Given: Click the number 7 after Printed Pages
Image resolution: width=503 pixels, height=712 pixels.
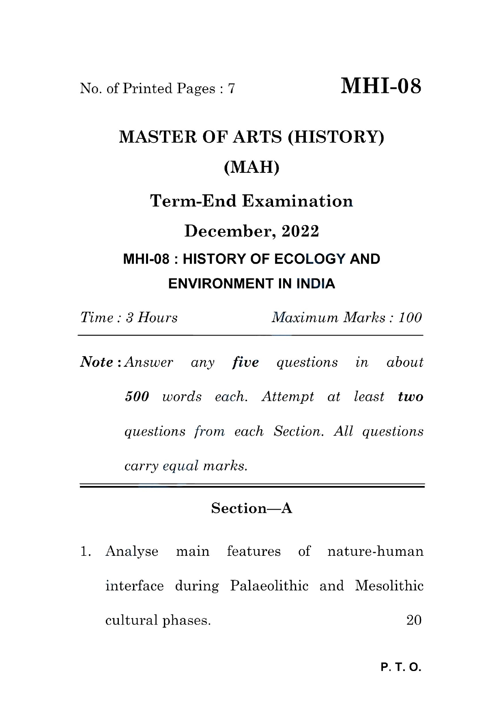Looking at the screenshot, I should (231, 88).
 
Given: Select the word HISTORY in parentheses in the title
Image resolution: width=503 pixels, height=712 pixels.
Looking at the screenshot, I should (335, 137).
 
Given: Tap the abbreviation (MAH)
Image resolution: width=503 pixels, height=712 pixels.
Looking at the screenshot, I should (251, 167).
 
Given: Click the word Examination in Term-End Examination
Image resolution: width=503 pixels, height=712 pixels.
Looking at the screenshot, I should (297, 201).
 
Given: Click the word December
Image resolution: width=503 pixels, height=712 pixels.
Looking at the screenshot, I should (228, 231).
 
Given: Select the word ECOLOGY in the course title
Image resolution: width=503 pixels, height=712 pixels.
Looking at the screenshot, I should (310, 259).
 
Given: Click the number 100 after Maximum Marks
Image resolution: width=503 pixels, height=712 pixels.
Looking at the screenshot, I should (410, 317).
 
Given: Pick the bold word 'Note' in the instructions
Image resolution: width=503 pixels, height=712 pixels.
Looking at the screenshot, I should (97, 362).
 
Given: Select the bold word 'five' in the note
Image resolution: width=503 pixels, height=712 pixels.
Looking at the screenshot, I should (245, 362).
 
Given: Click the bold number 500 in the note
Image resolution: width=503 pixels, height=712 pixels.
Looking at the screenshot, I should (137, 396).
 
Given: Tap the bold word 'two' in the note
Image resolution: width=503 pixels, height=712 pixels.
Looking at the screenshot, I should (411, 396).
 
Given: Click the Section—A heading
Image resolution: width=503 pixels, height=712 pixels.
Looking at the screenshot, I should (251, 508).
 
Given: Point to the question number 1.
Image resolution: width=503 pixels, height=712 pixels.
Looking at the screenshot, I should (85, 551).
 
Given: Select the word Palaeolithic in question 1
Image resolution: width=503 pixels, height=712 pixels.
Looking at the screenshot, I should (269, 586).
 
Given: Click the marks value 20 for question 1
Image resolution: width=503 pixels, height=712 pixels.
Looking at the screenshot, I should (414, 620).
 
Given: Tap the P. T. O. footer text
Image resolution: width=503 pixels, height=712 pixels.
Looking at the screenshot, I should (401, 667).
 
